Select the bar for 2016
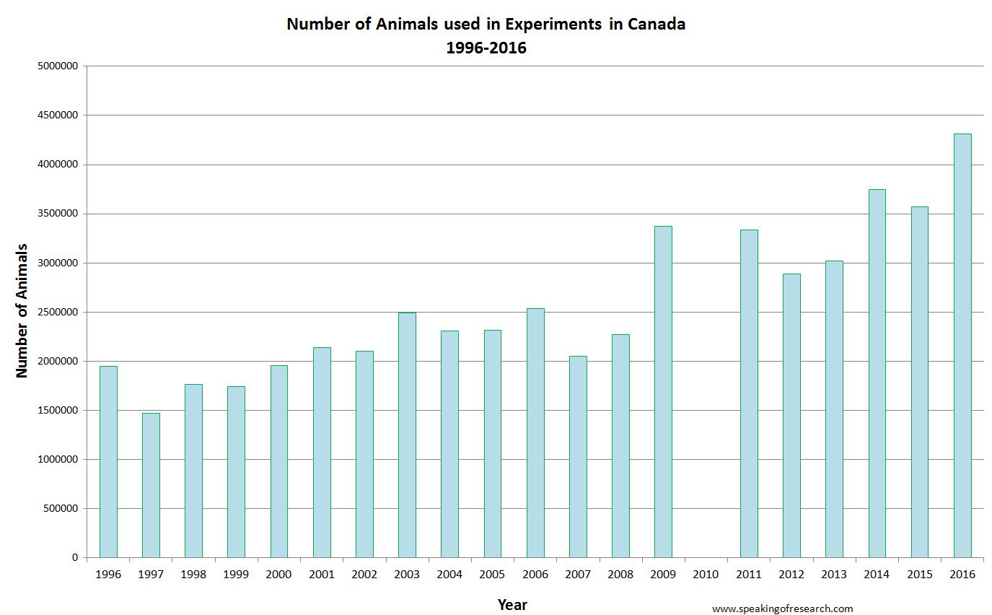(962, 346)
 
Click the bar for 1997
(151, 485)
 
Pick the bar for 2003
(407, 435)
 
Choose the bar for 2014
(877, 373)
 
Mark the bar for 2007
(578, 457)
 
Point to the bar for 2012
(791, 416)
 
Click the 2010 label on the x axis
(706, 575)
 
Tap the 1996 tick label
(108, 575)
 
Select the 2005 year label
(492, 575)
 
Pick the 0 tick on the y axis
(75, 557)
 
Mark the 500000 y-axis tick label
(60, 508)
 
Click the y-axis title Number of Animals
(22, 310)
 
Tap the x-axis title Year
(512, 605)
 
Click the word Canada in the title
(656, 24)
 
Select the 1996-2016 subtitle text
(486, 48)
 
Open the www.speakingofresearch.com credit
(782, 609)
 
